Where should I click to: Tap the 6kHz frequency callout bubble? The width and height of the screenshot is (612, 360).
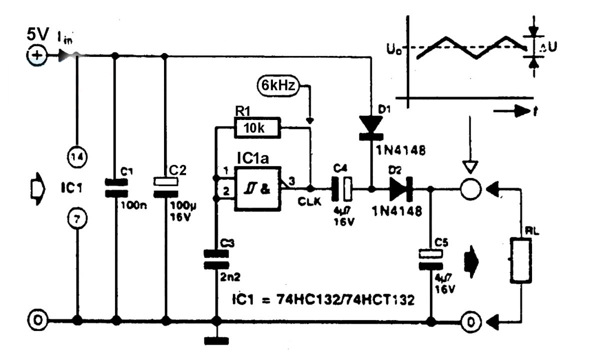[x=277, y=85]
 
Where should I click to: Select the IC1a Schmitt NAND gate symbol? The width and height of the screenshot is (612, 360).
[x=258, y=189]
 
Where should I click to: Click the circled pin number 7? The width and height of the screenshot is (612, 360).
[x=77, y=218]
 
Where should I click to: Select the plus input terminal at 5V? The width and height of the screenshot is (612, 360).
[x=36, y=56]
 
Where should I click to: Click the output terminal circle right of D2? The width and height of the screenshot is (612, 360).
[x=470, y=189]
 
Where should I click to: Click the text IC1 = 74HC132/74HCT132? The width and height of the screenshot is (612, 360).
[x=323, y=300]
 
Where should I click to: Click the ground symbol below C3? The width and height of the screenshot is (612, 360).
[x=216, y=341]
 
